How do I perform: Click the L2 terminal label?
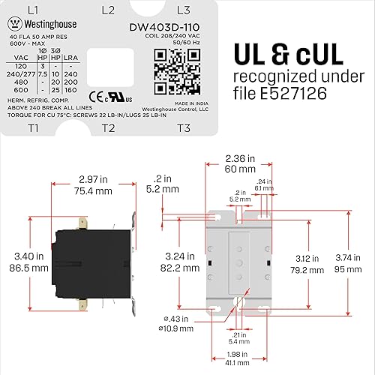click(x=107, y=10)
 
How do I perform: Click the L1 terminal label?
click(x=32, y=10)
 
